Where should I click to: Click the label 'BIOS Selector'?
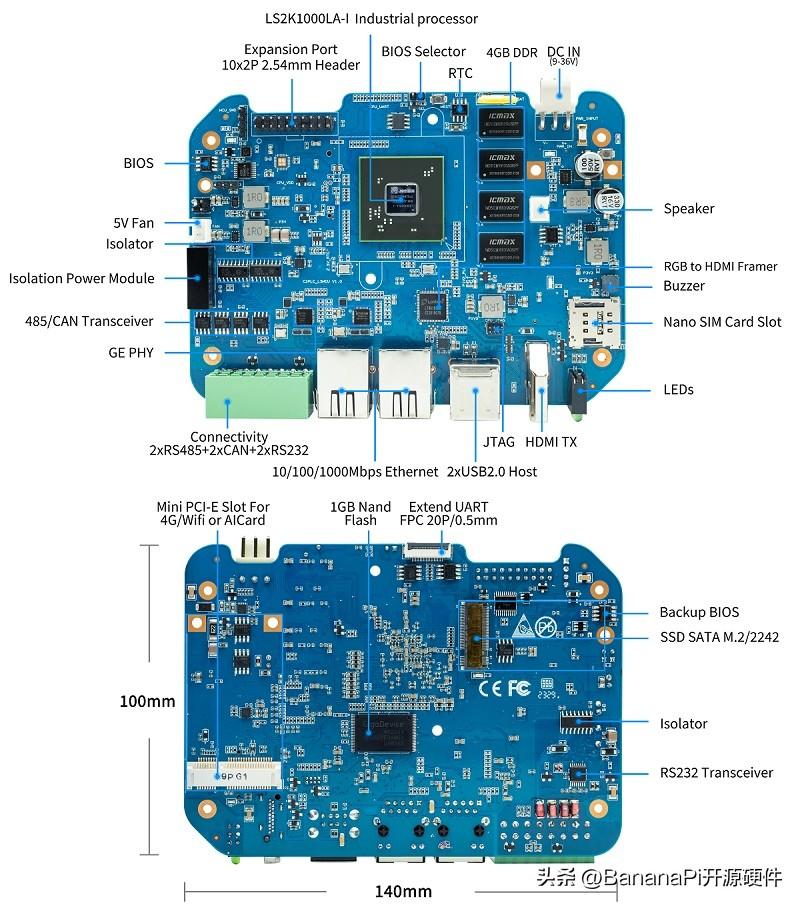[x=423, y=51]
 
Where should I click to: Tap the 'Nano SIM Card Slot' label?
[x=722, y=322]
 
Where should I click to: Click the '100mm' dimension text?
[x=147, y=701]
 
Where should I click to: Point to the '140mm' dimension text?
[x=403, y=891]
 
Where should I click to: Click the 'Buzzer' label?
[x=684, y=286]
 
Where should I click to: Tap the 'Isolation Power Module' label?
[x=82, y=278]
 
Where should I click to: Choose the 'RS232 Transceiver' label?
[x=716, y=772]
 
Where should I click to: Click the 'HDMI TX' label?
[x=550, y=442]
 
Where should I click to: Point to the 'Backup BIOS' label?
[x=699, y=612]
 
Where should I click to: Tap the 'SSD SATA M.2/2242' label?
[x=719, y=637]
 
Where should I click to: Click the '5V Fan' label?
[x=133, y=223]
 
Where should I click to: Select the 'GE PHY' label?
[x=131, y=352]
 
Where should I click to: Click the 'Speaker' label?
[x=689, y=209]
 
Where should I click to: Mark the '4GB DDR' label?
[x=511, y=52]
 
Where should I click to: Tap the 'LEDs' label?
[x=678, y=389]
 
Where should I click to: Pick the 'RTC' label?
[x=460, y=73]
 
